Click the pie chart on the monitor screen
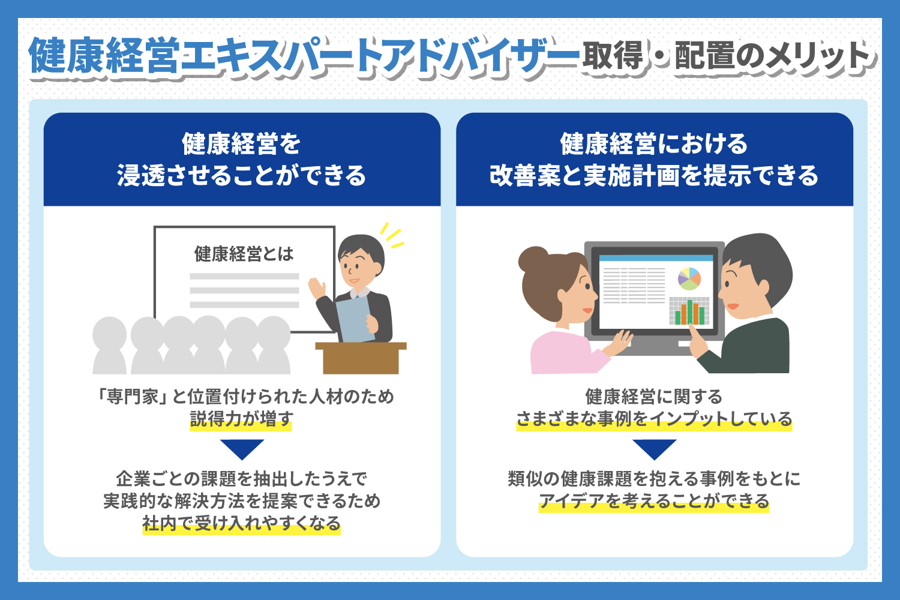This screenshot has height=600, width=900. coord(689,278)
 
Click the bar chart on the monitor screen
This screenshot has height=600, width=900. coord(689,311)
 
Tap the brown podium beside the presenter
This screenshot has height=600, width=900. coord(361,358)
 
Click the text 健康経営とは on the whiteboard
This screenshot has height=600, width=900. coord(244,254)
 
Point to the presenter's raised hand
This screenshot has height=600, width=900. coord(317,288)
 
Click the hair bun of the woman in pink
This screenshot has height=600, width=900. coord(533,259)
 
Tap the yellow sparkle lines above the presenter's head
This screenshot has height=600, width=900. coord(392,235)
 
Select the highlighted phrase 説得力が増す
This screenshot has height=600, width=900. coord(241,419)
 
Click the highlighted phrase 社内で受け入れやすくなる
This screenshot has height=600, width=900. coord(241,523)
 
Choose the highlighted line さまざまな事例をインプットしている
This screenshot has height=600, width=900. coord(654,419)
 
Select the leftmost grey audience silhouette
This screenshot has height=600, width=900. coord(110,346)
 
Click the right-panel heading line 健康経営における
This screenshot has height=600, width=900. coord(654,144)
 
